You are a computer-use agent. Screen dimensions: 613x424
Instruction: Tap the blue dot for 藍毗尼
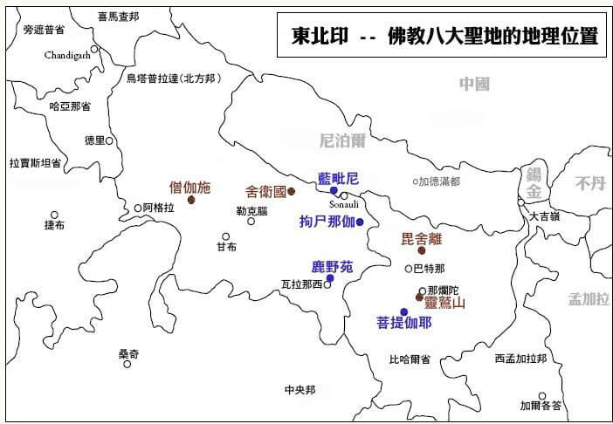pyautogui.click(x=334, y=190)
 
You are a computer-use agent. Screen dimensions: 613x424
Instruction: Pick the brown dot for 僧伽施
pyautogui.click(x=191, y=200)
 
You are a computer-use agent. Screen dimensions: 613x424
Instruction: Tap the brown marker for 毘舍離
pyautogui.click(x=422, y=250)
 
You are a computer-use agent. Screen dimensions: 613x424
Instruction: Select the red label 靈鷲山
pyautogui.click(x=445, y=304)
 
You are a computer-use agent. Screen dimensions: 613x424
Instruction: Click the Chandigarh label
pyautogui.click(x=69, y=55)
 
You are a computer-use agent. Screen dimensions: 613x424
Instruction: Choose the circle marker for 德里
pyautogui.click(x=109, y=140)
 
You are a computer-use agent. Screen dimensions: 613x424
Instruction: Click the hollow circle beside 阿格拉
pyautogui.click(x=137, y=208)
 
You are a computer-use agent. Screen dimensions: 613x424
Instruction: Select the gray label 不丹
pyautogui.click(x=589, y=183)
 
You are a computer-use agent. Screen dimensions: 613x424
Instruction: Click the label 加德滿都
pyautogui.click(x=439, y=181)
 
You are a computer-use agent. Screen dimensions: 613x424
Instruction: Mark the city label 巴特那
pyautogui.click(x=429, y=268)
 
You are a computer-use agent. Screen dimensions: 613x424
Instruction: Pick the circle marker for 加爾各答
pyautogui.click(x=541, y=396)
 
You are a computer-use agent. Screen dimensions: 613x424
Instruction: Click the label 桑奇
pyautogui.click(x=128, y=353)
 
